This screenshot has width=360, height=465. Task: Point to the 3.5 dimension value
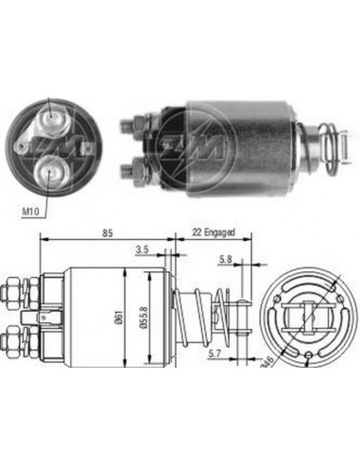(141, 250)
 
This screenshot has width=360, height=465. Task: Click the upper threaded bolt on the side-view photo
(131, 123)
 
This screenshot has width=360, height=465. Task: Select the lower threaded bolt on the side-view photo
(131, 170)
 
